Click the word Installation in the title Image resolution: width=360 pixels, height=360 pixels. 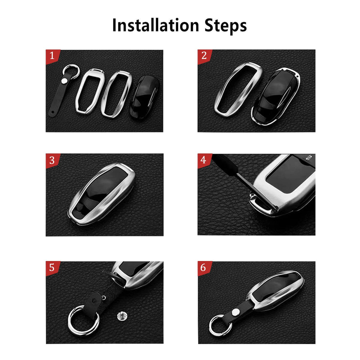[x=156, y=25]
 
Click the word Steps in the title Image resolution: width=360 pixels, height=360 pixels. [x=226, y=26]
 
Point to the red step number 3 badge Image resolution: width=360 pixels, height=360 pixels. [x=52, y=161]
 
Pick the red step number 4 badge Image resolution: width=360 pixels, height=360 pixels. [x=204, y=161]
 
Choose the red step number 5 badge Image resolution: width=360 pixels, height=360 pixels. [x=52, y=268]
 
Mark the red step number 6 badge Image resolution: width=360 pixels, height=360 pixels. [x=204, y=268]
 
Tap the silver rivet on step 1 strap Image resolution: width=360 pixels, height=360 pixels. [x=65, y=81]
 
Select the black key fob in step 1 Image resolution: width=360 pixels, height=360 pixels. [x=145, y=97]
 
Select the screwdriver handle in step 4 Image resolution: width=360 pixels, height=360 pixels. [x=225, y=164]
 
